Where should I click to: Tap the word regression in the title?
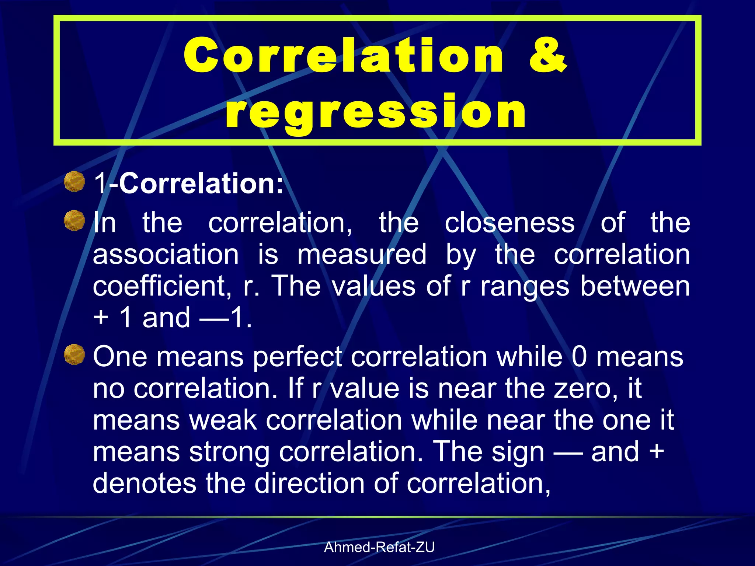(x=376, y=111)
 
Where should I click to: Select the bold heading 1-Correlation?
(x=189, y=183)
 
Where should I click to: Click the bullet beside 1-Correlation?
(x=74, y=181)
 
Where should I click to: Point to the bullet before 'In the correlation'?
(x=74, y=220)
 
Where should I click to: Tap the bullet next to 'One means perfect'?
(x=74, y=354)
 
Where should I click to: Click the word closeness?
(x=509, y=223)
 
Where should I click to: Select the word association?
(x=166, y=254)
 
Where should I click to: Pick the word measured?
(x=362, y=254)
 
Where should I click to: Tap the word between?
(x=635, y=286)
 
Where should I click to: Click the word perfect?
(x=298, y=357)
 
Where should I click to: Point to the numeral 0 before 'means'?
(x=579, y=357)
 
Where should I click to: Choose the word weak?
(x=223, y=420)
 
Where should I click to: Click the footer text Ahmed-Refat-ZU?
(x=379, y=547)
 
